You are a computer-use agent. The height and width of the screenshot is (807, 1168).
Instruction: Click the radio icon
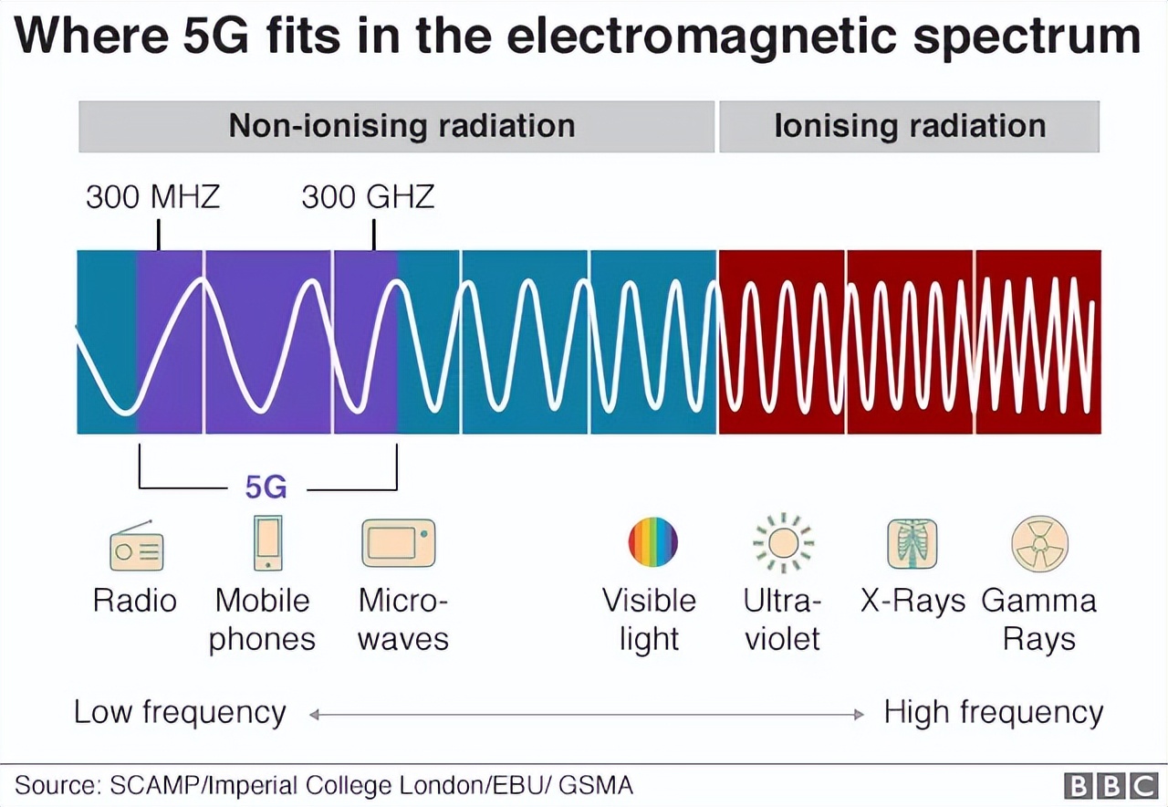click(x=136, y=546)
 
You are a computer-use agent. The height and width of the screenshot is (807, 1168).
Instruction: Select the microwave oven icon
click(x=398, y=543)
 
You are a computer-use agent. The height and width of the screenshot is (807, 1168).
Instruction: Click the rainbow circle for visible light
click(x=652, y=542)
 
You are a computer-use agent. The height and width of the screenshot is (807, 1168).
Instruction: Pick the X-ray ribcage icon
click(x=912, y=543)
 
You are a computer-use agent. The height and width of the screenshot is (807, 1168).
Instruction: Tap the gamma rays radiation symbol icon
click(x=1039, y=543)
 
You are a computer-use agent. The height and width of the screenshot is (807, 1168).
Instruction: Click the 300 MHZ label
click(x=153, y=197)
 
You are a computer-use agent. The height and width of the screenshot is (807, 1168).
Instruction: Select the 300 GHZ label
click(x=369, y=197)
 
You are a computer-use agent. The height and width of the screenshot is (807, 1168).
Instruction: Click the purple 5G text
click(x=266, y=488)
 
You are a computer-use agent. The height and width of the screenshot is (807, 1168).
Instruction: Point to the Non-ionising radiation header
click(x=401, y=126)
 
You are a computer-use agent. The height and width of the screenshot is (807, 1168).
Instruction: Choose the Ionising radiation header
click(x=910, y=126)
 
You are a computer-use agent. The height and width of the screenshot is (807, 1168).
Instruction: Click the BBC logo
click(x=1111, y=785)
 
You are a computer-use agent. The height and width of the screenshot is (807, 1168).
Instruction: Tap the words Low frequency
click(x=180, y=712)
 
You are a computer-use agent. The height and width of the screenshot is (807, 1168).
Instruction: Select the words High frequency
click(x=993, y=712)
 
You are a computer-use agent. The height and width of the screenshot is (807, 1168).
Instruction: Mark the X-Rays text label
click(x=912, y=601)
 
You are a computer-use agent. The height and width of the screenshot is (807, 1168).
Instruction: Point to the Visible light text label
click(x=649, y=619)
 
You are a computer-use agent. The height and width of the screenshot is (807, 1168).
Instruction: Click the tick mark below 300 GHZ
click(x=373, y=236)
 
